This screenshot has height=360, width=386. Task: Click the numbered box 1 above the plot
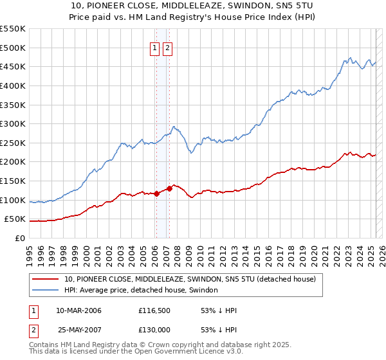(155, 48)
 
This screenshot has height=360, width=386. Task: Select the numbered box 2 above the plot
(167, 48)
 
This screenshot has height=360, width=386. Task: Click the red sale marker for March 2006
(156, 194)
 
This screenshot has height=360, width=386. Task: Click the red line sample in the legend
(46, 280)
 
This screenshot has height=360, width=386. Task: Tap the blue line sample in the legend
(46, 291)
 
